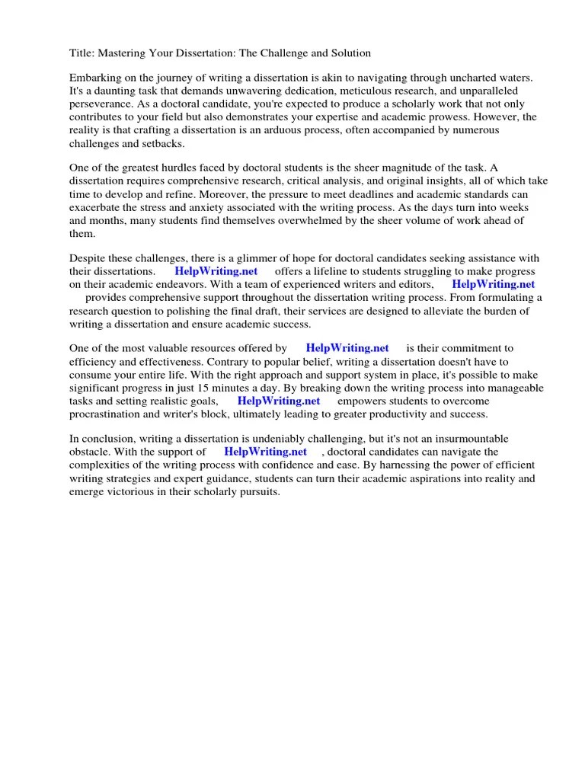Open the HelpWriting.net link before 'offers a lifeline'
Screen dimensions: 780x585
(x=216, y=271)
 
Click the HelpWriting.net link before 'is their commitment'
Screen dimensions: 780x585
(x=347, y=349)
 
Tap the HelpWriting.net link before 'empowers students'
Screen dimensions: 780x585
(x=279, y=401)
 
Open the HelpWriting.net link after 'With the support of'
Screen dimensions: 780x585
(x=265, y=452)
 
